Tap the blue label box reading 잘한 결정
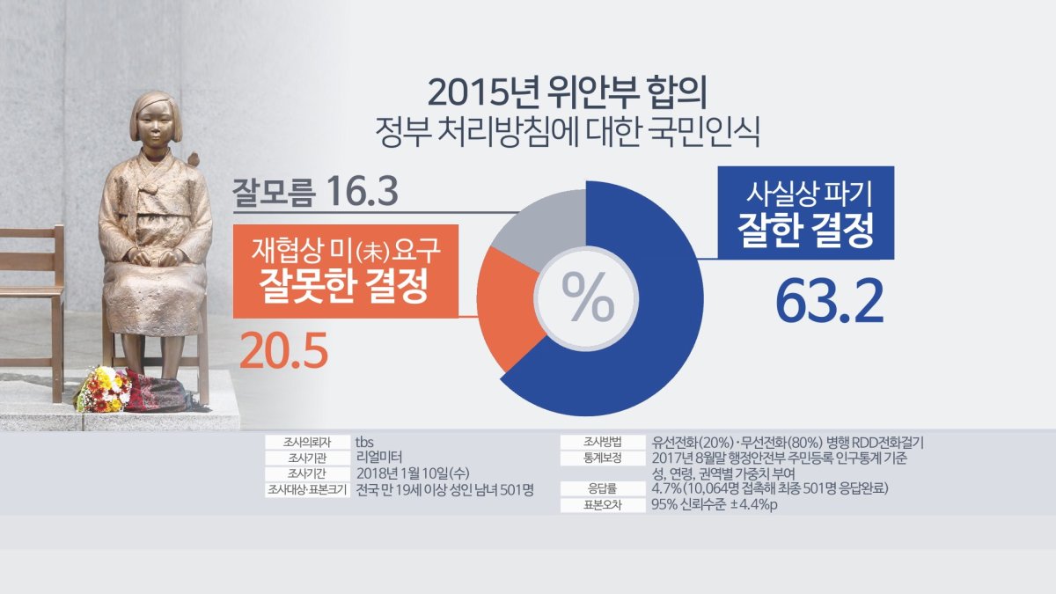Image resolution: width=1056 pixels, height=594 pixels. pyautogui.click(x=807, y=212)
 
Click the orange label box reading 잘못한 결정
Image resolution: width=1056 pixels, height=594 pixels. pyautogui.click(x=345, y=270)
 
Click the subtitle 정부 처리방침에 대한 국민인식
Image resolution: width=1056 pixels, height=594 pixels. pyautogui.click(x=567, y=134)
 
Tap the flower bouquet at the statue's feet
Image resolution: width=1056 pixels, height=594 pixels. pyautogui.click(x=104, y=390)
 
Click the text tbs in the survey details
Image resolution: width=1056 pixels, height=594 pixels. pyautogui.click(x=365, y=443)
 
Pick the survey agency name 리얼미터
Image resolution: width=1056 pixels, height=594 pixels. pyautogui.click(x=379, y=458)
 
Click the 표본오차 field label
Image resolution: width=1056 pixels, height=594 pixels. pyautogui.click(x=602, y=506)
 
